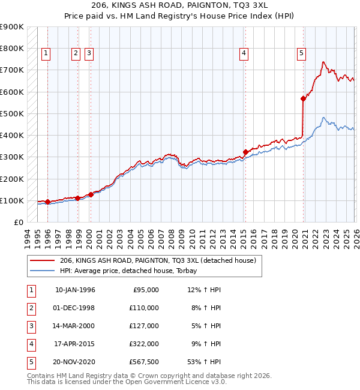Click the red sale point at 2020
[304, 99]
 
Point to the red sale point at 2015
[245, 152]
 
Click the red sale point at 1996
[47, 202]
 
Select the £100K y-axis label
[12, 200]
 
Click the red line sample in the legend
[43, 260]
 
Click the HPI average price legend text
[132, 271]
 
